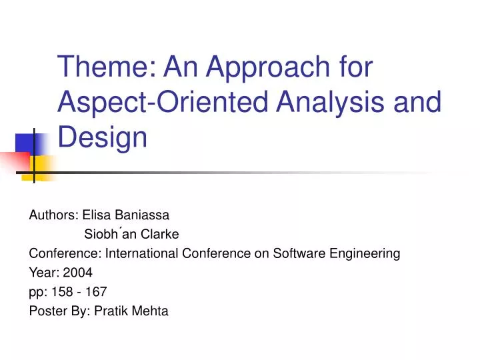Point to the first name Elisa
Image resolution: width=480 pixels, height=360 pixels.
point(95,215)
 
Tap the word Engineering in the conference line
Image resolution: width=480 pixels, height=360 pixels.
point(367,253)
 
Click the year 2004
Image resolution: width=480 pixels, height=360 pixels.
point(78,272)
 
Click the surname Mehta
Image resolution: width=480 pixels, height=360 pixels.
point(151,311)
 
